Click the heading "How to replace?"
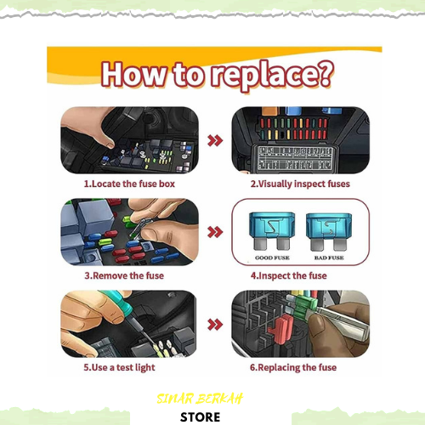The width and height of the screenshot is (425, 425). coord(218,75)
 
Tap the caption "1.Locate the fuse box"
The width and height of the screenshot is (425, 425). coord(129,184)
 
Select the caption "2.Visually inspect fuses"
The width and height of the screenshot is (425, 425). coord(300,184)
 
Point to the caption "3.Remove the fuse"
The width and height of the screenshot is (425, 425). coord(124,275)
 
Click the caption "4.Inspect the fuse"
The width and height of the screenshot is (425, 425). coord(288,275)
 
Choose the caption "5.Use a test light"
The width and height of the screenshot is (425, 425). coord(119,367)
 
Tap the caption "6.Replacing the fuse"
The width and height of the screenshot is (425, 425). coord(293,367)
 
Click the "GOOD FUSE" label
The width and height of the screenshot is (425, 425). coord(272,258)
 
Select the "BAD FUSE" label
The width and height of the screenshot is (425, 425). coord(329,258)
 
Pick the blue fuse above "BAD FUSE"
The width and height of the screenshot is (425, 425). coord(329,232)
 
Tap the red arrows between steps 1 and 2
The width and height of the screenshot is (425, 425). coord(215,140)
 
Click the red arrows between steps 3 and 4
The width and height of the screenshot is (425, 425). coord(215,232)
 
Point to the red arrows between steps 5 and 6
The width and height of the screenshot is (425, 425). coord(215,325)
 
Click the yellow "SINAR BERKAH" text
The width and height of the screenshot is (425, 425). coord(200,399)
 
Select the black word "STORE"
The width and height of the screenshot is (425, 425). coord(200,417)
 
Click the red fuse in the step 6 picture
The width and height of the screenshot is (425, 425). coord(280,330)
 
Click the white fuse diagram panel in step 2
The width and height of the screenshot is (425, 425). coord(294,159)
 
